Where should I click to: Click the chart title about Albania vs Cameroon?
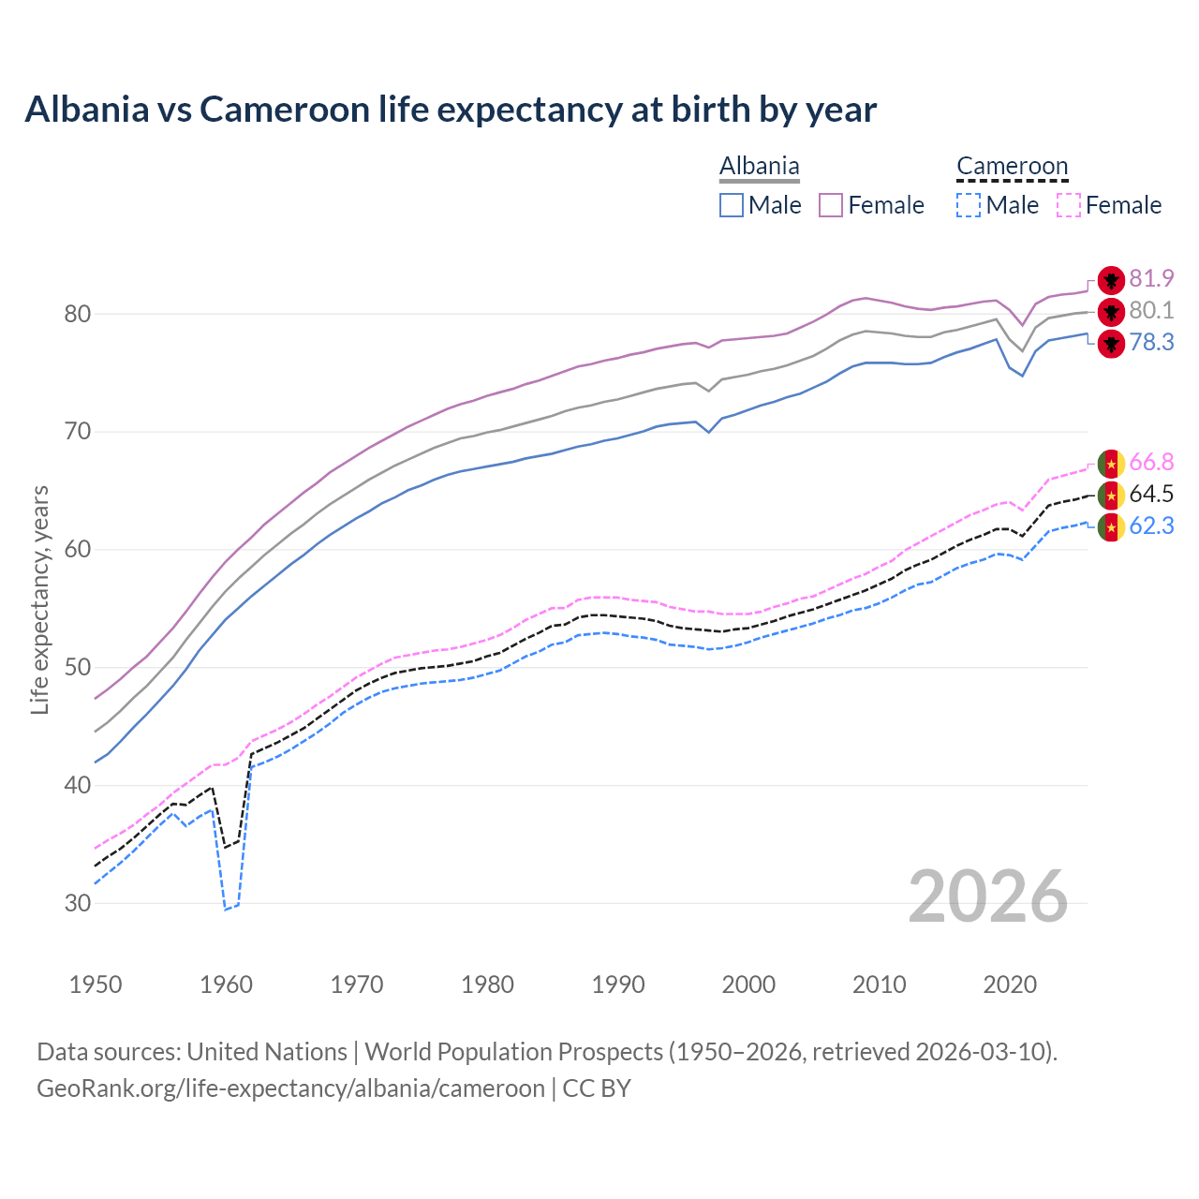coord(451,110)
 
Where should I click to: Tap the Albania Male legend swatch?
coord(732,205)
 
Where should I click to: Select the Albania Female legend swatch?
coord(831,205)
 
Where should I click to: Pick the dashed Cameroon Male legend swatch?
coord(969,205)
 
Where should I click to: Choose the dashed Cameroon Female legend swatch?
coord(1069,205)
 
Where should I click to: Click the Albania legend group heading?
coord(759,167)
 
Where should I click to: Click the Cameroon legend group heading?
coord(1012,167)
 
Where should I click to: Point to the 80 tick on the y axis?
coord(78,314)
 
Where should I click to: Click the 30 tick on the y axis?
coord(78,903)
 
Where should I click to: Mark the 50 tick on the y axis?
coord(78,668)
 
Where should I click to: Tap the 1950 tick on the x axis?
coord(96,984)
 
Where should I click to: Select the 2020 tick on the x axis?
coord(1010,984)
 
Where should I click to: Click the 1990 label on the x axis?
coord(618,984)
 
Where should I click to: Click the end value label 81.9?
coord(1151,278)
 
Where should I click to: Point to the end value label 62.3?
coord(1151,525)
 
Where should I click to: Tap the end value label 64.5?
coord(1151,494)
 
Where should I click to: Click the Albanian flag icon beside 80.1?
coord(1111,311)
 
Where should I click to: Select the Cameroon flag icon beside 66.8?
coord(1111,463)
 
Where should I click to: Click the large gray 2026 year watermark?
coord(988,896)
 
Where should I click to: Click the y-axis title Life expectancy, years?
coord(39,599)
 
